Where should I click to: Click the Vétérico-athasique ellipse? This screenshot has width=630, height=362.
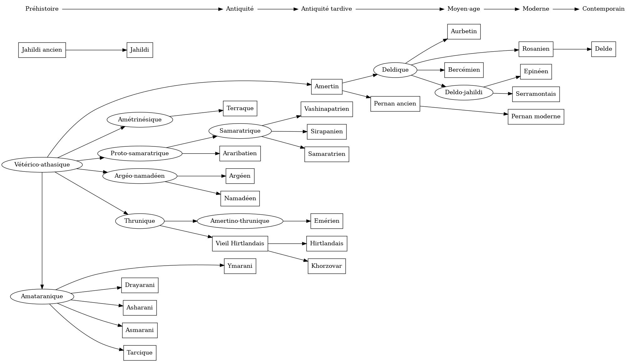point(42,165)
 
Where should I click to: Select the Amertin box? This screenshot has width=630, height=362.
point(327,87)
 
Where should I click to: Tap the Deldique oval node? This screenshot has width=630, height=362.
point(395,70)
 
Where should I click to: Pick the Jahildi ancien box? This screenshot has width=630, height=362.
point(42,50)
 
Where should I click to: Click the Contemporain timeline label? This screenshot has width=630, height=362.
point(603,9)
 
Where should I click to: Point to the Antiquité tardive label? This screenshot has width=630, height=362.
point(326,9)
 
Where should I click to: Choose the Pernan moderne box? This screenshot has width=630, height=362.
point(536,117)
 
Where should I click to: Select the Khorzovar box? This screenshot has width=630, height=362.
point(327,266)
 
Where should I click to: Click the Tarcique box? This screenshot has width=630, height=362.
point(140,353)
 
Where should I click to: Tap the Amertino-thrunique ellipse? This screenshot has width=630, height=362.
point(240,221)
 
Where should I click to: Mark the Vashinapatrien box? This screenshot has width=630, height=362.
point(327,109)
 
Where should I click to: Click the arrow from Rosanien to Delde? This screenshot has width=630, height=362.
point(572,49)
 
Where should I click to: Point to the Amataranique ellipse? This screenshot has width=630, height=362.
point(42,296)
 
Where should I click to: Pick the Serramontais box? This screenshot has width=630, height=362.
point(536,94)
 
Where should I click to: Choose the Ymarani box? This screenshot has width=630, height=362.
point(240,266)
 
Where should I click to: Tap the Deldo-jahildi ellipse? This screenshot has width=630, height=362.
point(464,93)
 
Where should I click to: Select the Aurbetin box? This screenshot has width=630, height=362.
point(464,32)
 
